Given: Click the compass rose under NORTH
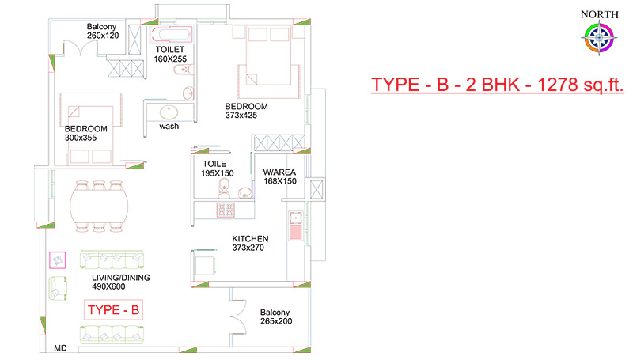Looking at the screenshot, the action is click(x=600, y=38).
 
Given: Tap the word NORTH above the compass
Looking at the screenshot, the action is click(x=600, y=14).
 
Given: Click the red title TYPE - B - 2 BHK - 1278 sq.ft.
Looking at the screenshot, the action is click(x=498, y=85).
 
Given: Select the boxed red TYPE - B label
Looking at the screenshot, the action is click(x=113, y=310).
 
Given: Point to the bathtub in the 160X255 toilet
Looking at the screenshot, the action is click(x=171, y=34).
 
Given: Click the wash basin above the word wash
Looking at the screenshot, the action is click(x=169, y=112).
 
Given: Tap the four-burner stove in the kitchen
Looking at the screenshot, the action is click(x=226, y=210).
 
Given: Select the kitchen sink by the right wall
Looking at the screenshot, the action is click(x=295, y=225).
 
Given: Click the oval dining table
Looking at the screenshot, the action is click(x=100, y=207).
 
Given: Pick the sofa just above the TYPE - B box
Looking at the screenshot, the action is click(x=112, y=260).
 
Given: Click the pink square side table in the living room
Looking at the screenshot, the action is click(x=57, y=260).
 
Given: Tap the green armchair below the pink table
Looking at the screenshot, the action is click(x=58, y=288).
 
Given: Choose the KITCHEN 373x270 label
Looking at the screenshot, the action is click(x=250, y=243).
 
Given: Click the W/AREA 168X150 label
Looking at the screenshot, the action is click(x=280, y=176).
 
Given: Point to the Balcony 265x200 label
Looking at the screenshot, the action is click(x=276, y=316).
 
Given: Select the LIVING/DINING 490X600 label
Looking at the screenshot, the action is click(x=121, y=282).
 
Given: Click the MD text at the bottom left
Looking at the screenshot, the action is click(x=61, y=348).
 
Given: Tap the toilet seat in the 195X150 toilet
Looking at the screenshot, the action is click(x=224, y=188).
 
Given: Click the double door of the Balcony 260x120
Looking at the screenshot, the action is click(x=81, y=47).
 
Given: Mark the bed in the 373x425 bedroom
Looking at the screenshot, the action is click(x=268, y=61).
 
